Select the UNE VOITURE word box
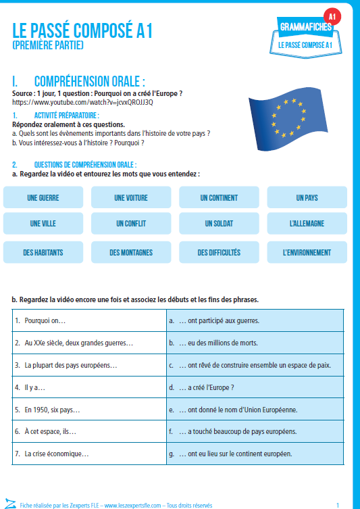click(131, 198)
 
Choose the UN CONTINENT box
click(219, 198)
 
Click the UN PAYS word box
click(307, 198)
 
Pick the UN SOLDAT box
click(219, 223)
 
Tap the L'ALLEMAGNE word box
click(307, 223)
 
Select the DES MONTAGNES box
click(131, 253)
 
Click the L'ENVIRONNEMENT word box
click(307, 253)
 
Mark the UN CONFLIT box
click(131, 223)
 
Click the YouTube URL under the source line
click(83, 102)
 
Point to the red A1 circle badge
click(332, 16)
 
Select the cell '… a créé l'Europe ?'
click(255, 387)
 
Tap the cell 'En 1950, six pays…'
click(89, 409)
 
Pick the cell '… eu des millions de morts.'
click(255, 343)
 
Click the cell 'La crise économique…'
click(89, 453)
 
